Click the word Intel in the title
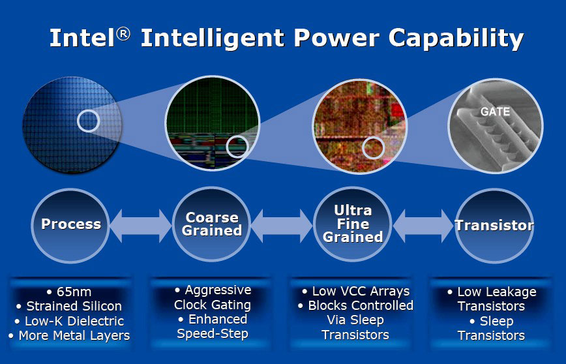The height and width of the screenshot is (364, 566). point(82,38)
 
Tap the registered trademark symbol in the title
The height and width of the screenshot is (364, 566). point(123,35)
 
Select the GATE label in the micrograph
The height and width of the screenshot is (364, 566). point(496,111)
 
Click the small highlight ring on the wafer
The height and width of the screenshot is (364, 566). point(89,110)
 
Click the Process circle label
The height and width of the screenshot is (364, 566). point(71,224)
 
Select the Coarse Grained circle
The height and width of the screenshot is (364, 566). point(211,224)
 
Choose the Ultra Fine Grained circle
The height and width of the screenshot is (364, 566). point(353,224)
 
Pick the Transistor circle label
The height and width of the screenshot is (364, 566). point(494,225)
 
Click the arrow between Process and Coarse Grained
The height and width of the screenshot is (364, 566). point(141,226)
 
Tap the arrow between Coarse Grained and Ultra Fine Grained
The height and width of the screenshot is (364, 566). point(282,226)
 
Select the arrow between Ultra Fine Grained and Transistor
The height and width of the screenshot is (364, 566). point(423,226)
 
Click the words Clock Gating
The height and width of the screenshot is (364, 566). point(213,305)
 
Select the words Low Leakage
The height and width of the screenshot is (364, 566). point(497,292)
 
